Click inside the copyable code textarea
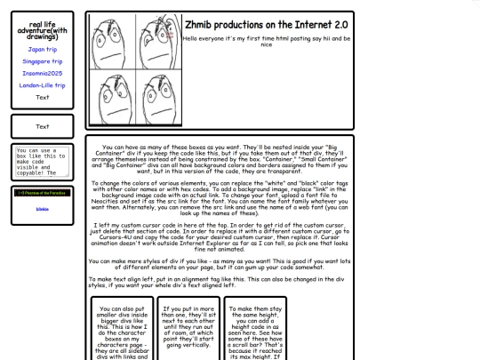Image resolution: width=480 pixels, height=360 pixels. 39,161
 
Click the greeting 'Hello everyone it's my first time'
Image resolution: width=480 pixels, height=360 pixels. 266,42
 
